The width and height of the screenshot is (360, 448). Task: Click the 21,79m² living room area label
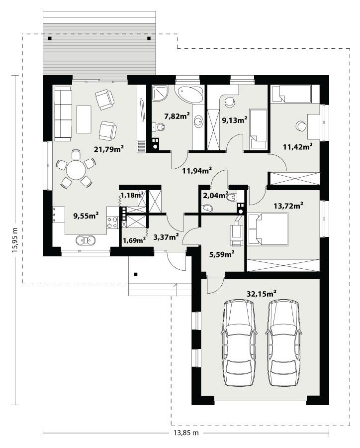(109, 148)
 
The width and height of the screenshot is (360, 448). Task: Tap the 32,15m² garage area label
(262, 294)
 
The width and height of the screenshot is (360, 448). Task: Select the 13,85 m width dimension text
(185, 433)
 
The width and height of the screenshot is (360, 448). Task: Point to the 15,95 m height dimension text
(14, 240)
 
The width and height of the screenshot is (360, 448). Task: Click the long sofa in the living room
(63, 112)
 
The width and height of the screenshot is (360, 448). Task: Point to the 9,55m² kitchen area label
(86, 216)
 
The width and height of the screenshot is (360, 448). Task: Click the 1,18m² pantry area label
(132, 194)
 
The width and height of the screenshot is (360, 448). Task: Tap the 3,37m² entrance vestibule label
(166, 237)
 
